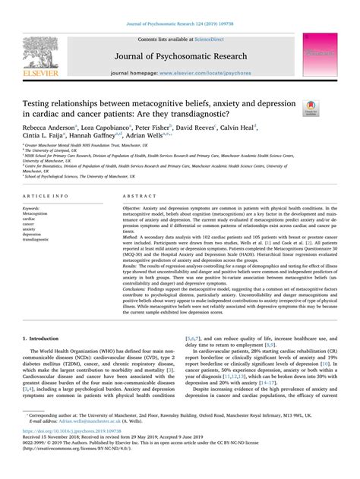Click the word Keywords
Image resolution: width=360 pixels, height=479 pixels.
click(35, 206)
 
